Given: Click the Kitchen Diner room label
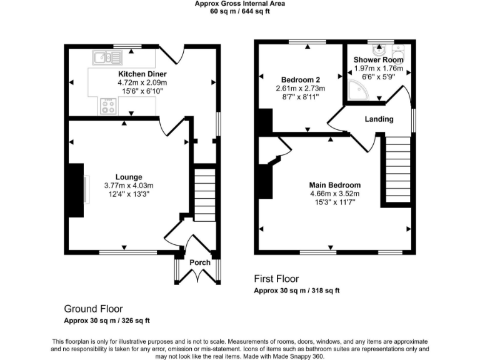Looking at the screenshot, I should (142, 74).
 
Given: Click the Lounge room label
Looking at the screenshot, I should (129, 177).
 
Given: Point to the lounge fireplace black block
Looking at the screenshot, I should (75, 190).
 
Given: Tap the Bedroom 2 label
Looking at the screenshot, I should (301, 80).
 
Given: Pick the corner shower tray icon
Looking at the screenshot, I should (357, 89).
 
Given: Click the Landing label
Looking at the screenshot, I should (379, 119).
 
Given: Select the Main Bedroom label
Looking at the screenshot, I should (335, 186).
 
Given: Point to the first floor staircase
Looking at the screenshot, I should (396, 169).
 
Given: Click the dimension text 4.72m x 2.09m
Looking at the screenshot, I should (142, 82).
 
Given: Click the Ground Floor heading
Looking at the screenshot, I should (93, 309).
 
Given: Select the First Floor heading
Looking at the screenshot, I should (276, 279).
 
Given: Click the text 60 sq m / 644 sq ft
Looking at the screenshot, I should (239, 11).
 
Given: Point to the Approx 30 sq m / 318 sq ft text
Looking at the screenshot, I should (297, 291).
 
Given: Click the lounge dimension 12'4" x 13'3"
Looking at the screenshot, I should (129, 194).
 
